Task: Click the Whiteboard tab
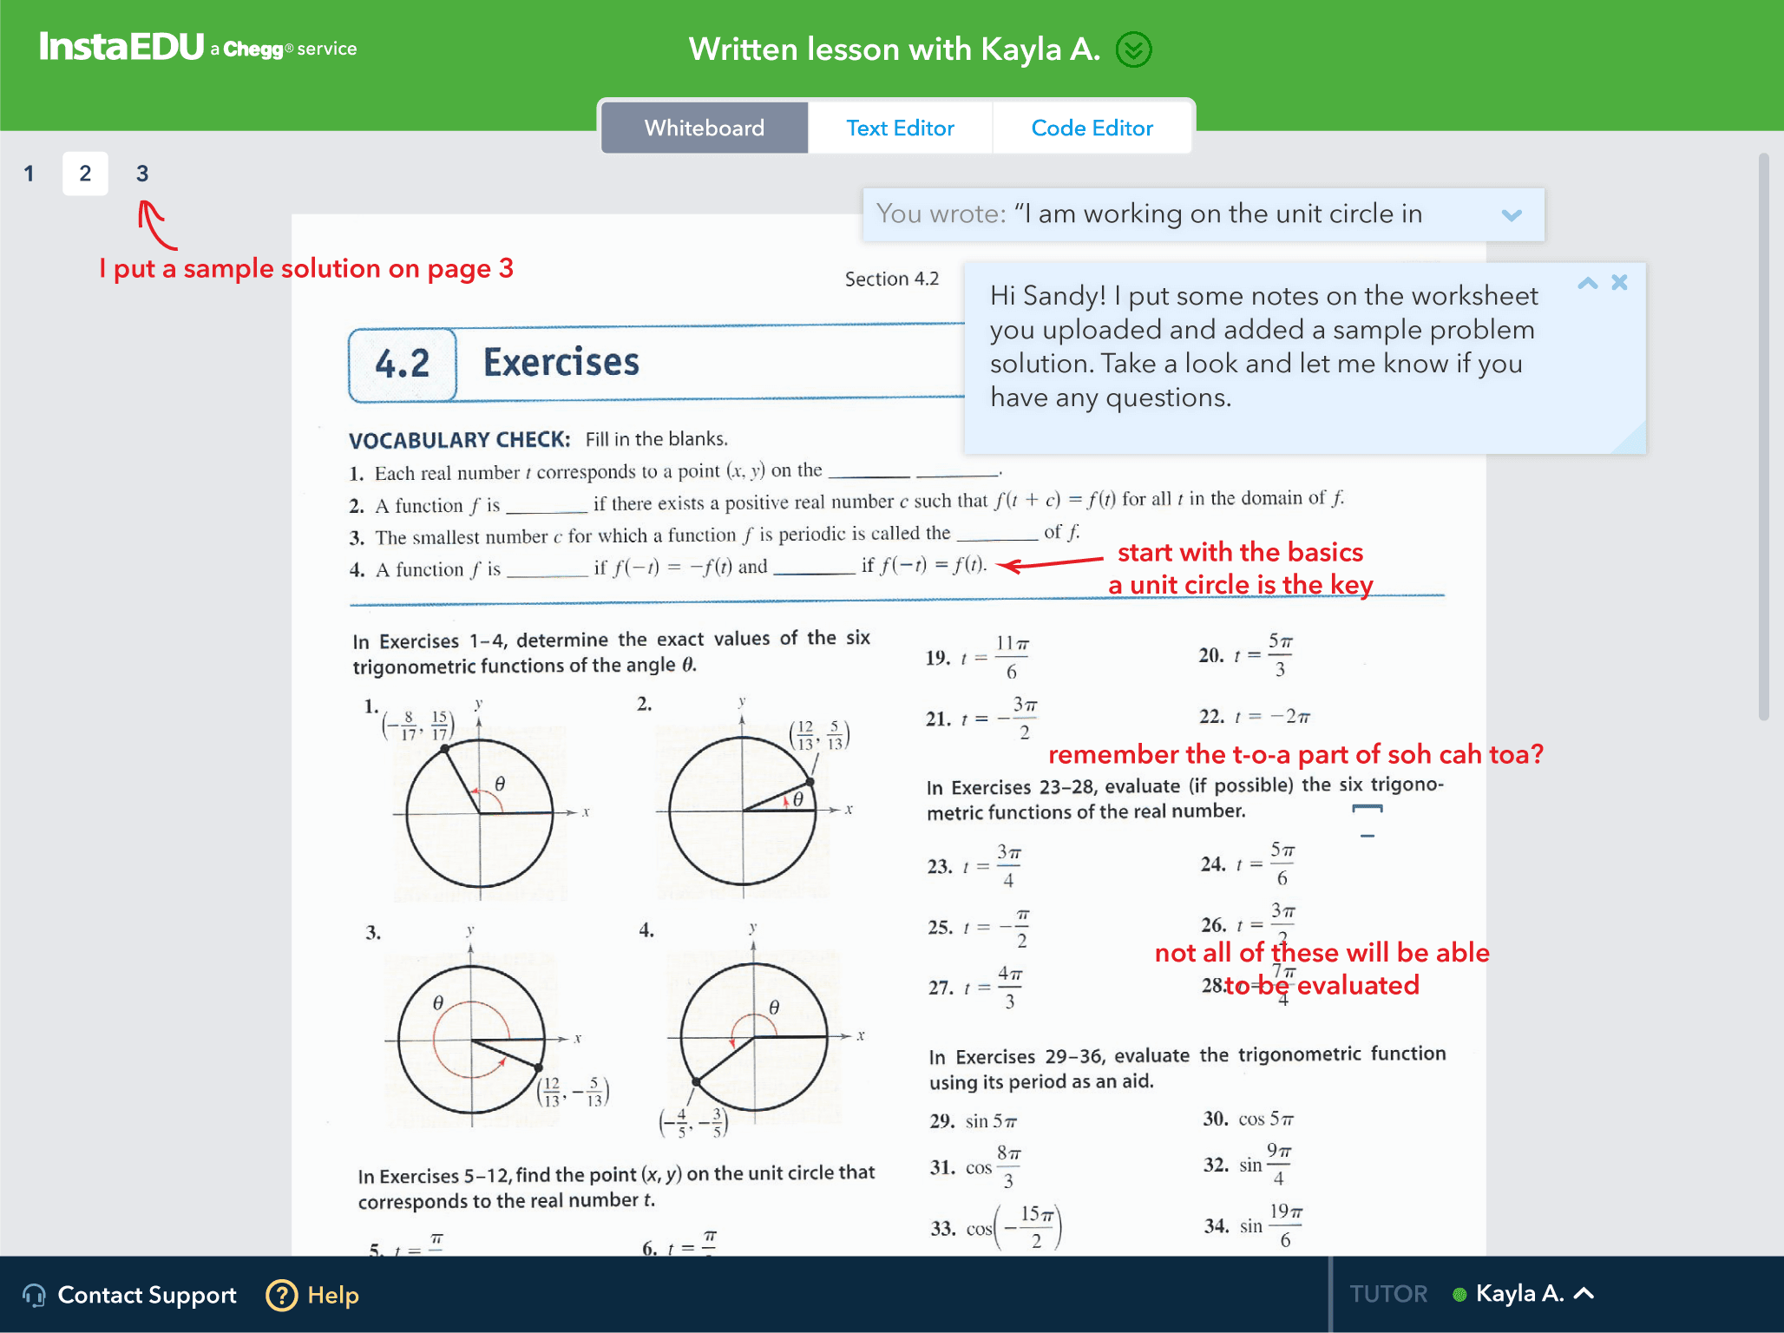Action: (x=704, y=128)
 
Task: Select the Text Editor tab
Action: (x=900, y=128)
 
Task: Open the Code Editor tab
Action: (x=1092, y=128)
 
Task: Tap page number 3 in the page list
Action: (x=142, y=174)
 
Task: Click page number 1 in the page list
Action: (x=29, y=174)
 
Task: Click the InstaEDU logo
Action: (x=121, y=47)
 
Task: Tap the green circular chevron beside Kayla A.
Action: (x=1133, y=49)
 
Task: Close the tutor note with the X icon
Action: (x=1619, y=282)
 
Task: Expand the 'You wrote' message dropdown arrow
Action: (x=1512, y=215)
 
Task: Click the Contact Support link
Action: (x=147, y=1295)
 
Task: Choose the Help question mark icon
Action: (x=282, y=1295)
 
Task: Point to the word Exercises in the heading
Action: (x=561, y=363)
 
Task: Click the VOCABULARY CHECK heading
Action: (x=459, y=440)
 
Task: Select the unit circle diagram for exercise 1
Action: (x=479, y=812)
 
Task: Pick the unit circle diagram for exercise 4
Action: (x=753, y=1037)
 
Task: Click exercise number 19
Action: (x=937, y=658)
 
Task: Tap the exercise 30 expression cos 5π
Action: (x=1266, y=1120)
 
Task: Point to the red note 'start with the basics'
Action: (x=1240, y=552)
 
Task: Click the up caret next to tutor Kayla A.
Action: (x=1584, y=1293)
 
